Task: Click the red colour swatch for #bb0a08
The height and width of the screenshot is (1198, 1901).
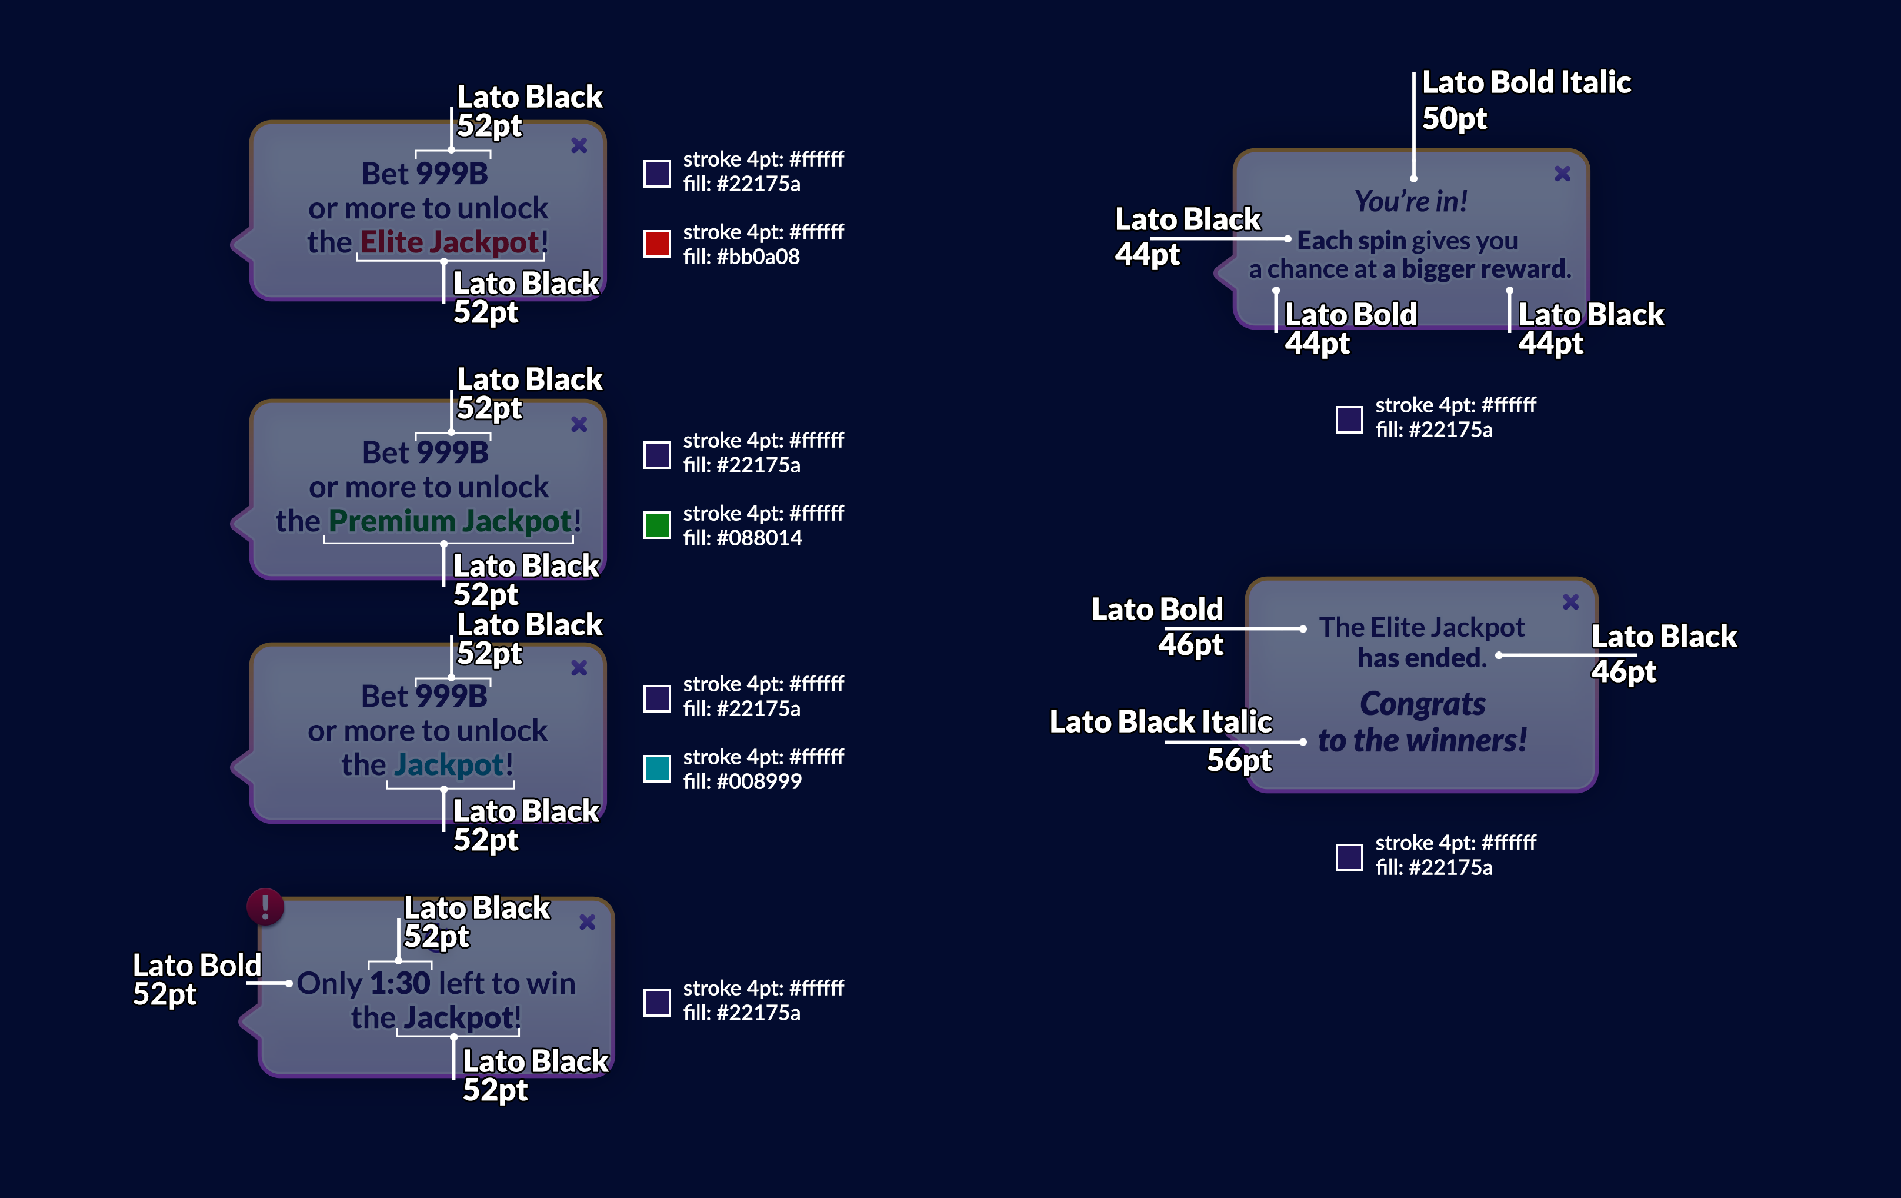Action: pyautogui.click(x=657, y=243)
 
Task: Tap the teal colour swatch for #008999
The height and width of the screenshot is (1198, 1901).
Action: pyautogui.click(x=657, y=768)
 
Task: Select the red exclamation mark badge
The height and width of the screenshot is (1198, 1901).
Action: pyautogui.click(x=265, y=907)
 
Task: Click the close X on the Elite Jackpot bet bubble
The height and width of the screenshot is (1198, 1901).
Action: pyautogui.click(x=579, y=145)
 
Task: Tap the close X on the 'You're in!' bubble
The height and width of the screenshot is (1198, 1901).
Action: pyautogui.click(x=1562, y=174)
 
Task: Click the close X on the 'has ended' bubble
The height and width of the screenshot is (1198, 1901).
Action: pyautogui.click(x=1571, y=602)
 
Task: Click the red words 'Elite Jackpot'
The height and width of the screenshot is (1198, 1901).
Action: pyautogui.click(x=450, y=242)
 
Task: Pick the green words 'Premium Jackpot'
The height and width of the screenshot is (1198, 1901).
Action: pyautogui.click(x=450, y=521)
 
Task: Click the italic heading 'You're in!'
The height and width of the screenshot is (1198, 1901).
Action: pyautogui.click(x=1410, y=201)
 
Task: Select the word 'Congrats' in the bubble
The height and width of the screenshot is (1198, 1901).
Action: pyautogui.click(x=1423, y=704)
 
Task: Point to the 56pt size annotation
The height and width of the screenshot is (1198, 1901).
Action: pyautogui.click(x=1239, y=760)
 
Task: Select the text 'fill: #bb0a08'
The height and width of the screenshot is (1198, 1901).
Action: pyautogui.click(x=741, y=257)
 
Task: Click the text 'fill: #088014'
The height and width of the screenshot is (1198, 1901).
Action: pyautogui.click(x=742, y=538)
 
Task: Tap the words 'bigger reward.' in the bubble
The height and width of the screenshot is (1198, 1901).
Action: pyautogui.click(x=1486, y=269)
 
